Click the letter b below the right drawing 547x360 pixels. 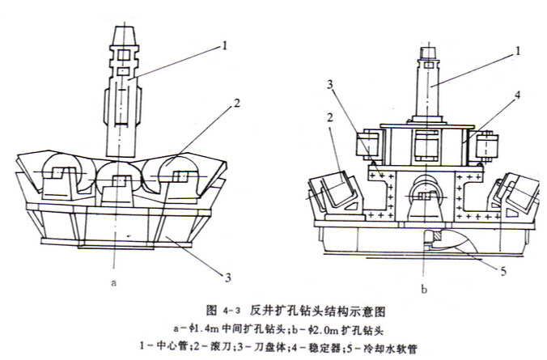click(x=423, y=287)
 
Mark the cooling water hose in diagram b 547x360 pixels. click(x=450, y=242)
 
